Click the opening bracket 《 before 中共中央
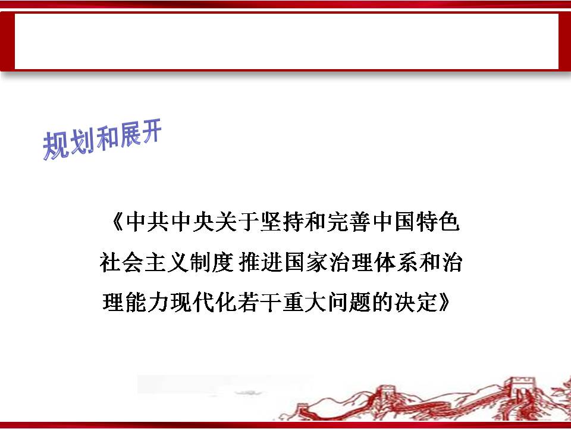click(118, 221)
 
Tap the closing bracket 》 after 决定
click(444, 303)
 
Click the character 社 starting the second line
click(111, 262)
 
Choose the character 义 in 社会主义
click(177, 262)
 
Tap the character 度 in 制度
click(222, 262)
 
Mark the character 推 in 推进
click(250, 262)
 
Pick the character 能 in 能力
click(136, 303)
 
